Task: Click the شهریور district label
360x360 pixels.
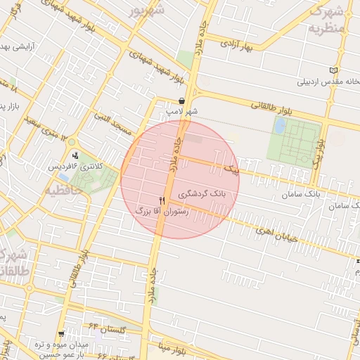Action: [x=150, y=11]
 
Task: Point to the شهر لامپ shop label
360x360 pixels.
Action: [x=181, y=111]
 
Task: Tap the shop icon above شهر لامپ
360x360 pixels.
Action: [x=182, y=101]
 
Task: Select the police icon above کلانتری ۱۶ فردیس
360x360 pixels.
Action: [x=75, y=155]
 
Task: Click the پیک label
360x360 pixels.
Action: [x=230, y=171]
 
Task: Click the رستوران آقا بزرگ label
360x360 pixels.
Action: [x=162, y=210]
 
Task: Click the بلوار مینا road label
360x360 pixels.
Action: [x=171, y=346]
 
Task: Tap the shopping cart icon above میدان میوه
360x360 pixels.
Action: [x=62, y=334]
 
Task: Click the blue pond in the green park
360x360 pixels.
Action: [x=280, y=126]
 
